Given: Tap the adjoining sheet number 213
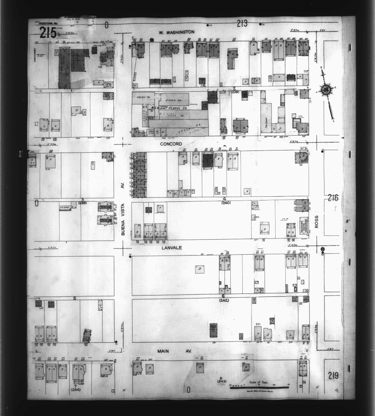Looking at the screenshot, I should coord(242,24).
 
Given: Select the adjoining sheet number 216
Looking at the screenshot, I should coord(333,198).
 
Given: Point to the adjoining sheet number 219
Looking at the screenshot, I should coord(333,376).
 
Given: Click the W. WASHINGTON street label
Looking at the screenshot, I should coord(176,32).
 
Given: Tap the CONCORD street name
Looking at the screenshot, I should coord(171,144).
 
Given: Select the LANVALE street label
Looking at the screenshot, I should coord(171,247).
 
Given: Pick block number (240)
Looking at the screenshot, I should coord(226,203).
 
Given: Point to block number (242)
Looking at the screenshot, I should coord(224,300).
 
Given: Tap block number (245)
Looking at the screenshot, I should coord(221,381).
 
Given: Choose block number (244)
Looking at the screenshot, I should coord(76,390).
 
